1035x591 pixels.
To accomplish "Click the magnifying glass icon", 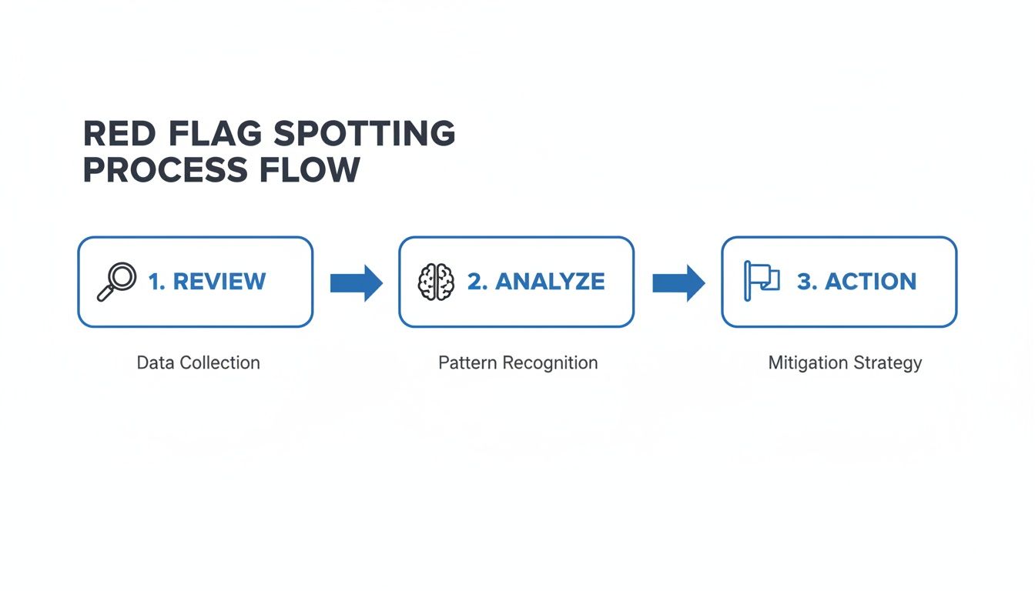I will click(116, 282).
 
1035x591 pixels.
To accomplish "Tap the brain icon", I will click(436, 282).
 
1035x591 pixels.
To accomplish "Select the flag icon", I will click(762, 281).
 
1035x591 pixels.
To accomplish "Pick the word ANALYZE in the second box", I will click(549, 282).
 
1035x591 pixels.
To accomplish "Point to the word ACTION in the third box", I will click(870, 282).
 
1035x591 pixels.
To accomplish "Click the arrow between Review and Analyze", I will click(356, 282).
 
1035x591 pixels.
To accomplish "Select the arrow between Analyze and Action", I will click(678, 282).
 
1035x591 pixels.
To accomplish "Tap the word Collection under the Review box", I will click(219, 362).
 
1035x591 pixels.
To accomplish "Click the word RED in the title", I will click(114, 135).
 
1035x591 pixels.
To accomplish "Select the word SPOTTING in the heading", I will click(363, 135).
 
